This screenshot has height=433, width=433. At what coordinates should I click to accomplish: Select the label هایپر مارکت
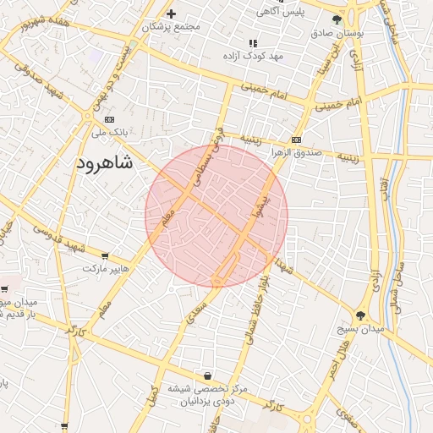(106, 268)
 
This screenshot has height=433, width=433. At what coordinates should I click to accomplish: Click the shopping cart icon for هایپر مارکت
(105, 255)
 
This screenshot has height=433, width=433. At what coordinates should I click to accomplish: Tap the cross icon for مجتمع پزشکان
(171, 14)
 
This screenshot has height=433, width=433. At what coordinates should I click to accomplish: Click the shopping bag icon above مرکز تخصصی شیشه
(207, 375)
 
